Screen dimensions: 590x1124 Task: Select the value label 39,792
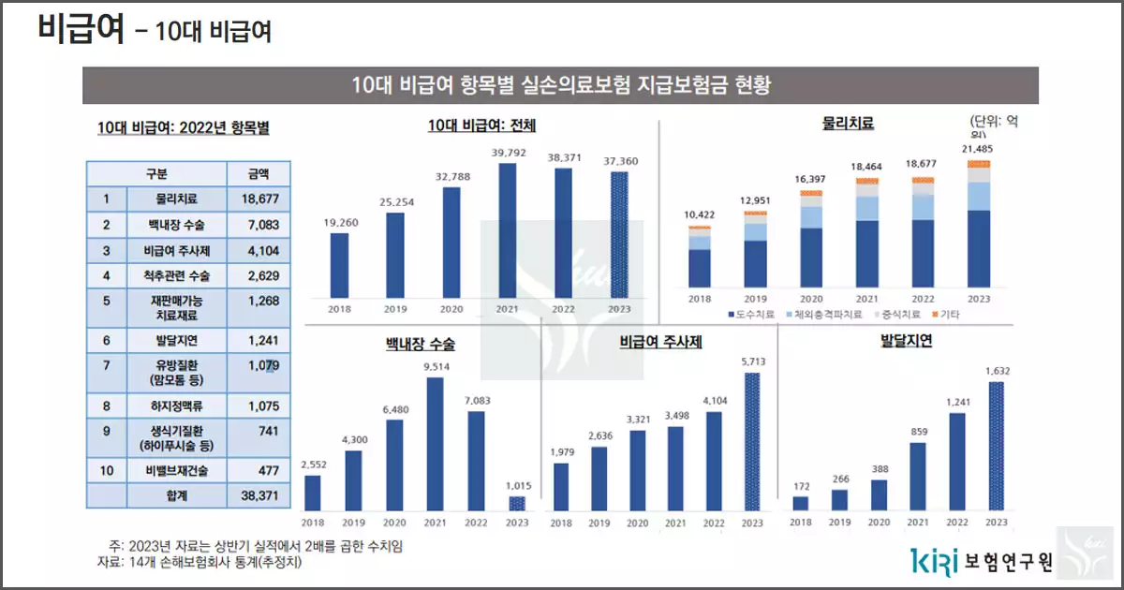(508, 153)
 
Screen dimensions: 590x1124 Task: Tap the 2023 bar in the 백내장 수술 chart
(518, 503)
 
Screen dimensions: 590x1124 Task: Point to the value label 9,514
(436, 368)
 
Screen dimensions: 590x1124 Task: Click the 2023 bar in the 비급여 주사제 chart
(752, 441)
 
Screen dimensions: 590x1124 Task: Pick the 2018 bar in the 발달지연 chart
(800, 503)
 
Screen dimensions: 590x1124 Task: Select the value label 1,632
(997, 371)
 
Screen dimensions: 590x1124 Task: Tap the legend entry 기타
(946, 315)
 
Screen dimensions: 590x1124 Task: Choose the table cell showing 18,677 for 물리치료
(259, 199)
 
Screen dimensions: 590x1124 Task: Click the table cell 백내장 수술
(176, 225)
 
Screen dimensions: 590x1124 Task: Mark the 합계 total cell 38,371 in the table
(259, 495)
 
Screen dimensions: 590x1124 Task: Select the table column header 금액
(259, 173)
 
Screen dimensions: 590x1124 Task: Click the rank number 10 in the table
(106, 469)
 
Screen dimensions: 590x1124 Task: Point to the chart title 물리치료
(848, 123)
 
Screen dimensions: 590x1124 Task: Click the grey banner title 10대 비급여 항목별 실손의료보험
(560, 85)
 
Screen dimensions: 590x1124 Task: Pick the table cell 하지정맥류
(176, 406)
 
